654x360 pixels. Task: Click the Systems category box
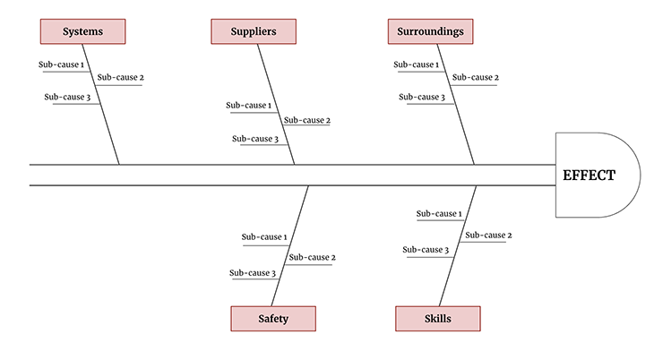click(x=82, y=32)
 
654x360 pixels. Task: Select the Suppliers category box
click(x=254, y=32)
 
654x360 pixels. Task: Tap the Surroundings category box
click(x=431, y=32)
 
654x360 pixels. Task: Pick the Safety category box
click(x=273, y=319)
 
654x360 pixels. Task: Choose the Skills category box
click(x=437, y=319)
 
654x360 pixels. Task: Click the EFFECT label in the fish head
click(x=589, y=176)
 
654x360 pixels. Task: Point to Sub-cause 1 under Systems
click(x=62, y=64)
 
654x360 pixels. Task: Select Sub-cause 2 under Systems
click(x=120, y=77)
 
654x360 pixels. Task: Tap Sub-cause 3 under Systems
click(x=68, y=97)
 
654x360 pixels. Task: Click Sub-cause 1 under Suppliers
click(x=249, y=106)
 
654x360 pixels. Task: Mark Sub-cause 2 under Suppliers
click(x=307, y=120)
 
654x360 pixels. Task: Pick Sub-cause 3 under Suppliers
click(x=255, y=139)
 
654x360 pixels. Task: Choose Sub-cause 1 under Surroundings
click(x=417, y=64)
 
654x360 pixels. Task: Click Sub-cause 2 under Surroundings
click(x=476, y=77)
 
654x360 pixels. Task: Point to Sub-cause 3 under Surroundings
click(x=422, y=97)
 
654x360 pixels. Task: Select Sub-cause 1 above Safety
click(x=264, y=237)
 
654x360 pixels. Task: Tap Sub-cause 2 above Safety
click(x=312, y=257)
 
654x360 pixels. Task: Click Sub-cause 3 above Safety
click(x=253, y=273)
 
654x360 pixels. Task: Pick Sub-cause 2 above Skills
click(x=488, y=235)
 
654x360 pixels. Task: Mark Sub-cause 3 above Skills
click(x=426, y=250)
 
